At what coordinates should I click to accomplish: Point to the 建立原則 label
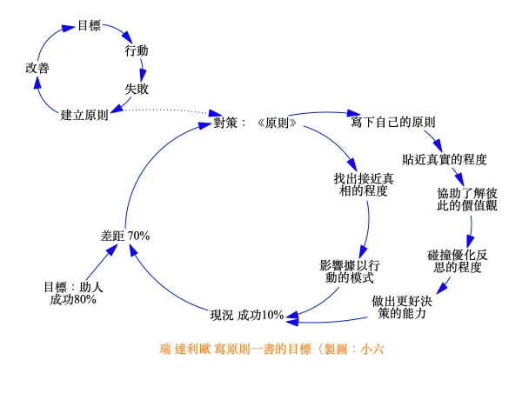click(x=84, y=114)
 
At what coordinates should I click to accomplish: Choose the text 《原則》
click(x=278, y=123)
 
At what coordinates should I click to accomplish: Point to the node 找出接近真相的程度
click(x=363, y=184)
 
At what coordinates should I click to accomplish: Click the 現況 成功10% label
click(x=247, y=314)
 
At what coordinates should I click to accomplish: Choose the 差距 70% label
click(x=126, y=236)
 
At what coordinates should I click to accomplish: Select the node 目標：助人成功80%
click(x=73, y=292)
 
